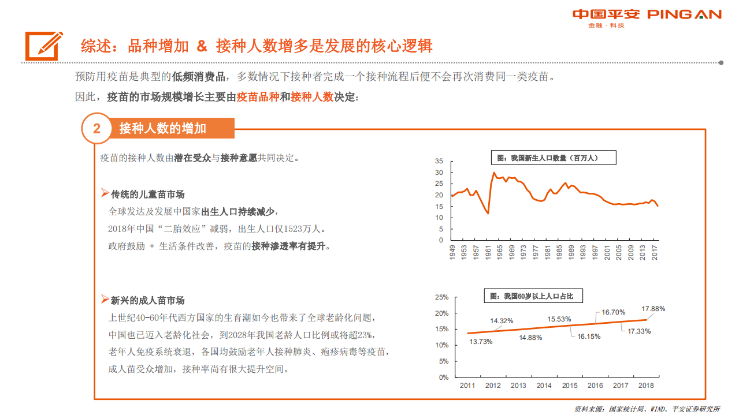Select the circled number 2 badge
coord(96,129)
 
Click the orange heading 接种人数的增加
coord(162,128)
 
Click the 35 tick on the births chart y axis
coord(439,162)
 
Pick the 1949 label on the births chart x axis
coord(452,253)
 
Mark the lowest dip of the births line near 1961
coord(488,213)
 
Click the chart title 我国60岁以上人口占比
coord(532,296)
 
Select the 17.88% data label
coord(653,309)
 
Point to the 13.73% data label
coord(481,342)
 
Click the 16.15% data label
coord(589,336)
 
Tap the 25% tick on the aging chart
coord(442,297)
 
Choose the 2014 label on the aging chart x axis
coord(544,386)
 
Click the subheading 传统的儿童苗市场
coord(147,194)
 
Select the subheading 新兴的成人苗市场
coord(147,300)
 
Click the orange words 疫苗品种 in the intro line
coord(258,97)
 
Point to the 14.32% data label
coord(502,321)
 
